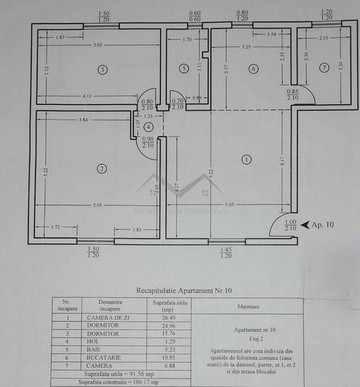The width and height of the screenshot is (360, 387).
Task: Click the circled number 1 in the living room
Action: point(247,160)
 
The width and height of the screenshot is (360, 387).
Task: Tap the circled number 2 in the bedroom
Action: point(102,168)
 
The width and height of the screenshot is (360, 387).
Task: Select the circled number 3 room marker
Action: point(102,69)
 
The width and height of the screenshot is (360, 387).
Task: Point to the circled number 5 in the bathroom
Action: point(183,68)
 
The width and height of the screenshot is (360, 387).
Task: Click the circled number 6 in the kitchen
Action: point(253,68)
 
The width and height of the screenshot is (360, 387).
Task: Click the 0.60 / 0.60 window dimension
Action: point(195,16)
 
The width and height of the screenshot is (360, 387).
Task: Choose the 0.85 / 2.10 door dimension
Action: point(293,94)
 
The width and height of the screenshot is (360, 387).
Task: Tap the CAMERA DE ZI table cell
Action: point(105,318)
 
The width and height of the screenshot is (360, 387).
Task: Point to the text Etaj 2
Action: point(247,339)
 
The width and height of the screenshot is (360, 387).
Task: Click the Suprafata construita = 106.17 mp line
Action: point(118,382)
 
